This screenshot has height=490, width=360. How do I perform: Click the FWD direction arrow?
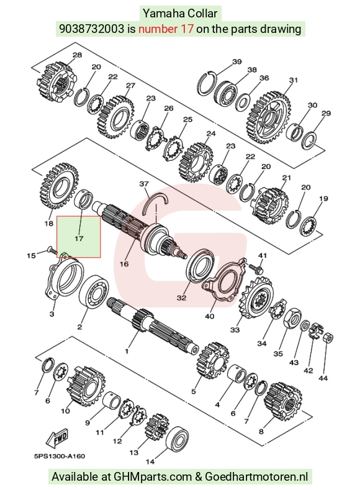click(57, 438)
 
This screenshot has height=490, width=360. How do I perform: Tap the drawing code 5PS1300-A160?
click(60, 456)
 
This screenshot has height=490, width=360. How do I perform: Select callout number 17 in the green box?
click(79, 238)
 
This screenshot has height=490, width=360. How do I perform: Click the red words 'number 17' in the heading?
click(166, 29)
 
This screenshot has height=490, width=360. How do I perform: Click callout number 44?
click(323, 378)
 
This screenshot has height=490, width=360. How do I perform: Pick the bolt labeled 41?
click(256, 267)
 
